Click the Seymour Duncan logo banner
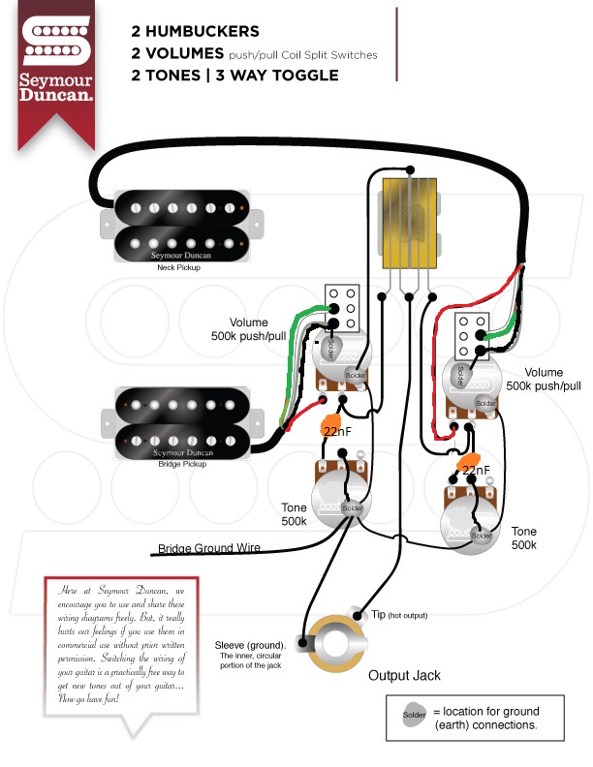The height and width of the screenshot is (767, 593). click(57, 72)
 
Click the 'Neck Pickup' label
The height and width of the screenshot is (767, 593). click(178, 267)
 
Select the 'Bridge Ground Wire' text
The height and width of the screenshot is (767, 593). click(209, 548)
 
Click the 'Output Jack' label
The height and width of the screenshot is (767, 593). click(406, 674)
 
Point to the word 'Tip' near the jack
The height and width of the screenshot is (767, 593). click(379, 615)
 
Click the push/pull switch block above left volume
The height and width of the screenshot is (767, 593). click(343, 308)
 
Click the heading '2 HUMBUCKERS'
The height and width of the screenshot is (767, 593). click(195, 30)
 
